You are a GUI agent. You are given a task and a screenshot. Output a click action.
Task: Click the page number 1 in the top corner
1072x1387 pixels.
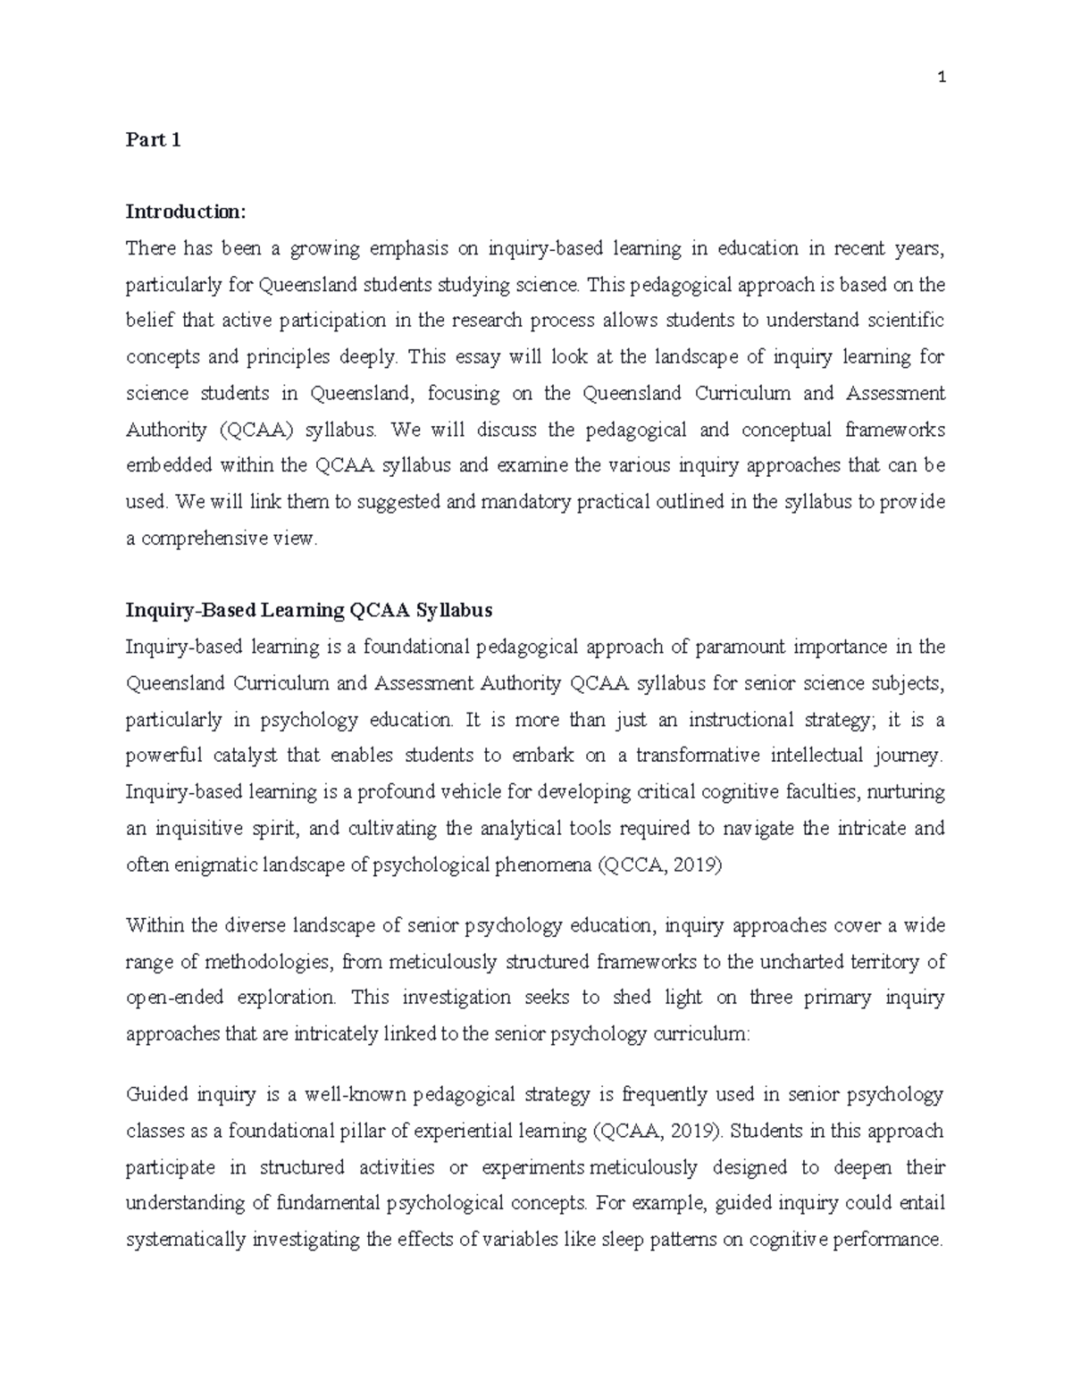point(942,78)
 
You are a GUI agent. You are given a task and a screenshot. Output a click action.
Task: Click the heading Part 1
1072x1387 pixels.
point(153,140)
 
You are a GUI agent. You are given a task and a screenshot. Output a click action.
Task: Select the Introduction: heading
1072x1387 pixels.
point(184,212)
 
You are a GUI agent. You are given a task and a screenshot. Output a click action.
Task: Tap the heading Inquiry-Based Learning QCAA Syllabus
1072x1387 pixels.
point(308,611)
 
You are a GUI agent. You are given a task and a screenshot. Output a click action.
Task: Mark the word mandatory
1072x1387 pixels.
point(525,503)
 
